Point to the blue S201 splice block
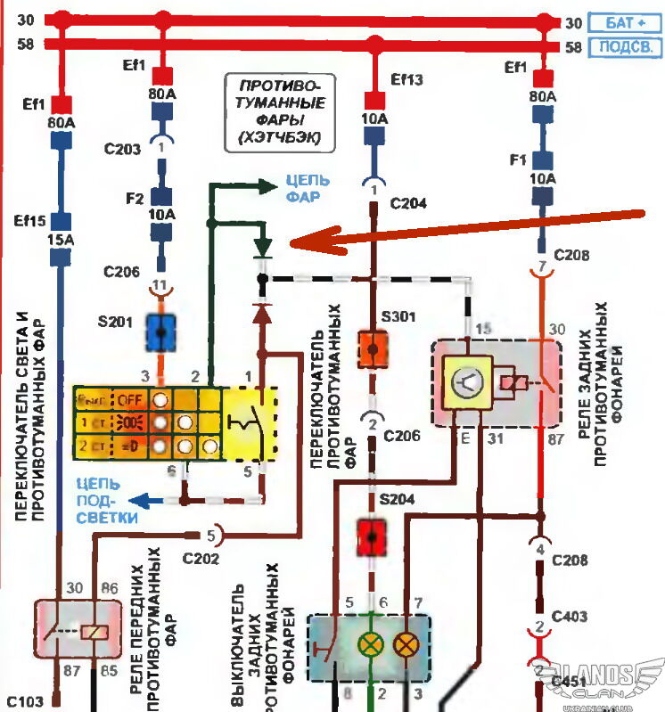pos(160,331)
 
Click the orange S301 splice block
pos(371,349)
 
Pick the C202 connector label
pos(201,559)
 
